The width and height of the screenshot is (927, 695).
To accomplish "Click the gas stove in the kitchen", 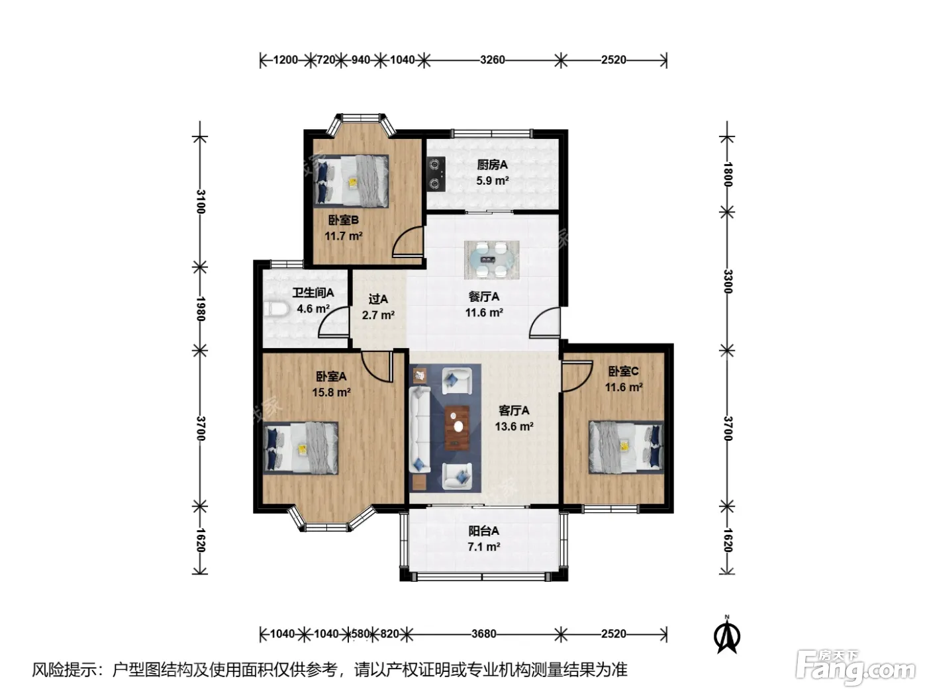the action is [x=436, y=173].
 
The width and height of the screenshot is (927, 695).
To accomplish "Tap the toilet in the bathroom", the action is [x=275, y=309].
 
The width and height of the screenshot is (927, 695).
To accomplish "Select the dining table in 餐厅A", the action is [x=491, y=259].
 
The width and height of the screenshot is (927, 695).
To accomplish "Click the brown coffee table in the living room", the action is [x=457, y=428].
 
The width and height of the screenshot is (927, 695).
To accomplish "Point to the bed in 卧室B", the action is [x=350, y=181].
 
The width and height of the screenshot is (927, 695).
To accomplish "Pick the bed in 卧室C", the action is [x=626, y=446].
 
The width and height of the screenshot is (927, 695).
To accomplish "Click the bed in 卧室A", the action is [x=300, y=448].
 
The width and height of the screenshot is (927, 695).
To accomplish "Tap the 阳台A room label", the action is [x=483, y=530].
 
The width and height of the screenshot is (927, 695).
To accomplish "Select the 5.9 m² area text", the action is [x=493, y=181].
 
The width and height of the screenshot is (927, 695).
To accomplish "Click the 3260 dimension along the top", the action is [x=493, y=60].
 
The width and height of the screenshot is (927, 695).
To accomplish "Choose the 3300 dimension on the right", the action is [x=728, y=281].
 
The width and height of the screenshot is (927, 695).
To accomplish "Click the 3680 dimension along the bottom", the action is [x=483, y=633].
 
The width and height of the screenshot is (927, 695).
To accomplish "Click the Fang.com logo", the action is [x=855, y=668].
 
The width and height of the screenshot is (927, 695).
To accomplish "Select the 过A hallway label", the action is [x=378, y=299].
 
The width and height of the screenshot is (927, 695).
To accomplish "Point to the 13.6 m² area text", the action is [x=514, y=426].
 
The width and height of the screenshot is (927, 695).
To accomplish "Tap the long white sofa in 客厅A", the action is [x=419, y=430].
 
